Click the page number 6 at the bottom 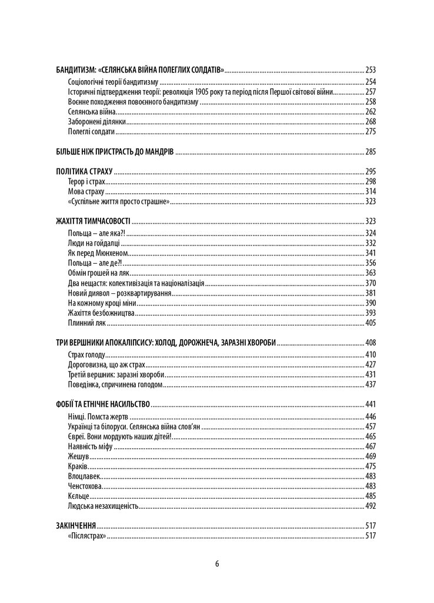(217, 563)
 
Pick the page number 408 (370, 343)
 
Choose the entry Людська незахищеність (104, 505)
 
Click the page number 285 (370, 151)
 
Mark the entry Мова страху (86, 191)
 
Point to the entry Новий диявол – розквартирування (119, 293)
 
